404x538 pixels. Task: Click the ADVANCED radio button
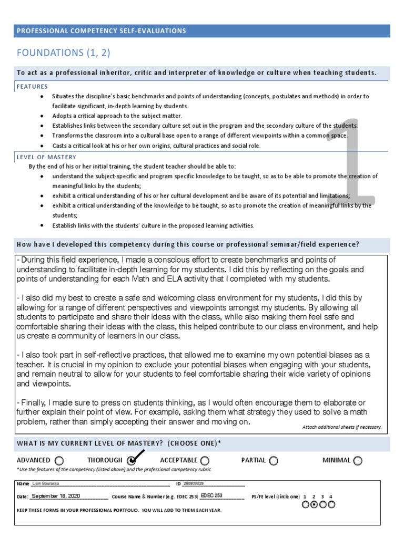[59, 461]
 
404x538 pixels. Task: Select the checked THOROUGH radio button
[132, 461]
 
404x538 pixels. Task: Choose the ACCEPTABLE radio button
[205, 461]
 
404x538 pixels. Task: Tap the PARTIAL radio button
[274, 461]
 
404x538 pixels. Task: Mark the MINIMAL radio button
[358, 461]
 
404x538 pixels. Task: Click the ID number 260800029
[193, 483]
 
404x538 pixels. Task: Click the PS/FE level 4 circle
[331, 505]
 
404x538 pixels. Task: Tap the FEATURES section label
[32, 87]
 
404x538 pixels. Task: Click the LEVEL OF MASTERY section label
[46, 157]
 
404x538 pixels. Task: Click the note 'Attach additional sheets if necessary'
[341, 427]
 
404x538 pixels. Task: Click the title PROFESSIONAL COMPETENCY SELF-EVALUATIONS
[102, 31]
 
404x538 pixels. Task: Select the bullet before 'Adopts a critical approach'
[42, 116]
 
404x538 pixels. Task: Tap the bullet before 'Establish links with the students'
[42, 225]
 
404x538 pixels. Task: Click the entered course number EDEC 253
[211, 496]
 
